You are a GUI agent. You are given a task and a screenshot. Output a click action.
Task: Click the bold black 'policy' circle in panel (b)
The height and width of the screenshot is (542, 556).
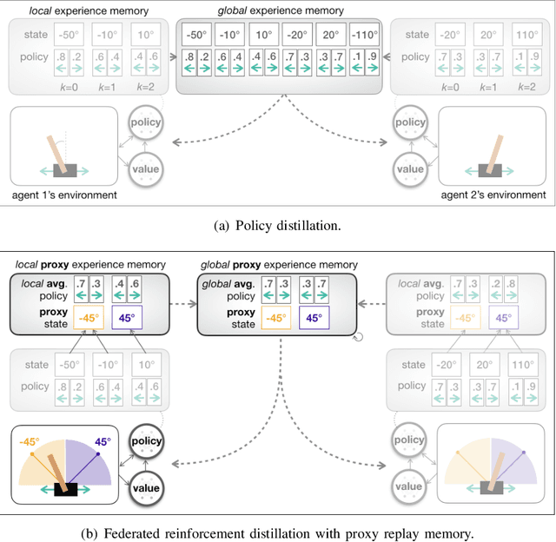coord(145,441)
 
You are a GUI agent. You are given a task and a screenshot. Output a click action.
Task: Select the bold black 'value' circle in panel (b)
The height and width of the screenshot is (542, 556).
coord(145,488)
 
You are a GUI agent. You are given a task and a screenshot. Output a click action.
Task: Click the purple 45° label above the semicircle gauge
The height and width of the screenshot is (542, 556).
coord(103,441)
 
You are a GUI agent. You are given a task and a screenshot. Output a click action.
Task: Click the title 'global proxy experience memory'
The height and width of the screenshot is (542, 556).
coord(277,264)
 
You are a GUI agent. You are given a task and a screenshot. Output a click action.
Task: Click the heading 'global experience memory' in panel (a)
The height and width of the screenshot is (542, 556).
coord(277,10)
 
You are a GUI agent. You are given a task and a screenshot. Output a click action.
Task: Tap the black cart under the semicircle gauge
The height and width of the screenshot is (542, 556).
coord(66,489)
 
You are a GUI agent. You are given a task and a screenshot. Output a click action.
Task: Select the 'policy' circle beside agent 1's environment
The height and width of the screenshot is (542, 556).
coord(145,122)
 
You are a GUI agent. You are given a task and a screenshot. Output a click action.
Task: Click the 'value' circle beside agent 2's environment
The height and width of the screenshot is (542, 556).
coord(410,169)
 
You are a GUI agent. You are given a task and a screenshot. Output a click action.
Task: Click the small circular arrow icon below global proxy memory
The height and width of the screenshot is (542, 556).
coord(357,339)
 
